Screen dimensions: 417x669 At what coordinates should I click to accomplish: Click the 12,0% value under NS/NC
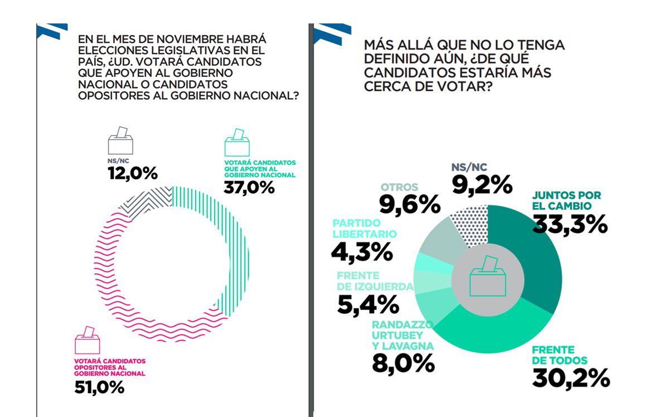pos(133,173)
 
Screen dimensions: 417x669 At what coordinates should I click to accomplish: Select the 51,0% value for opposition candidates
pos(99,387)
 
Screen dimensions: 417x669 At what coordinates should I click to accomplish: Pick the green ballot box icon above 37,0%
pos(237,143)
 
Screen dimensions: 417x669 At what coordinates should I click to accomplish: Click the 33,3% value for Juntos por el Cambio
pos(570,224)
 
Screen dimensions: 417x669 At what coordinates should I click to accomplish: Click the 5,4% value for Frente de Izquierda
pos(367,304)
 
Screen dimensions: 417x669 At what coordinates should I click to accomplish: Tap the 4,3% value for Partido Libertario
pos(362,251)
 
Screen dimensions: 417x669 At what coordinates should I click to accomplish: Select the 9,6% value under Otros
pos(410,205)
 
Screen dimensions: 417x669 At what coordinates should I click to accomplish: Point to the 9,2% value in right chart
pos(482,184)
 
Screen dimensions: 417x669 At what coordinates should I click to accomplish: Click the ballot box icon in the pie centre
pos(488,279)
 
